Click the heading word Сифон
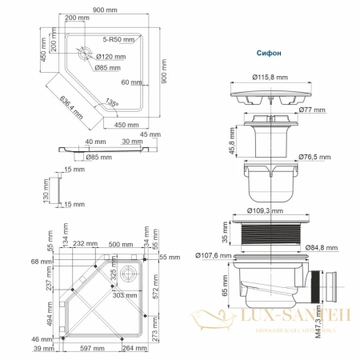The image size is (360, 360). click(x=269, y=53)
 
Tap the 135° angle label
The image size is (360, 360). click(x=112, y=103)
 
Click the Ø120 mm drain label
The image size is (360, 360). click(x=110, y=56)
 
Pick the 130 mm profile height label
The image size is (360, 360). click(x=46, y=190)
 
